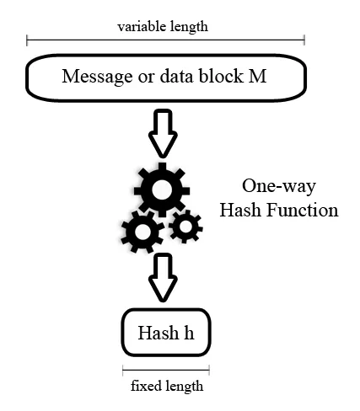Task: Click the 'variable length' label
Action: coord(163,26)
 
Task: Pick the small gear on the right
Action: coord(185,225)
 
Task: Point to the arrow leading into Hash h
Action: coord(164,279)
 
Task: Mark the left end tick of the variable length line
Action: coord(27,40)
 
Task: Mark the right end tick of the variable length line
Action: coord(304,40)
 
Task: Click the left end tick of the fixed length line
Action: coord(123,370)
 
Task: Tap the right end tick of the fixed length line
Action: coord(208,370)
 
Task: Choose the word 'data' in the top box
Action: coord(182,77)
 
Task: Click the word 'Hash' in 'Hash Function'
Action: coord(239,210)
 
